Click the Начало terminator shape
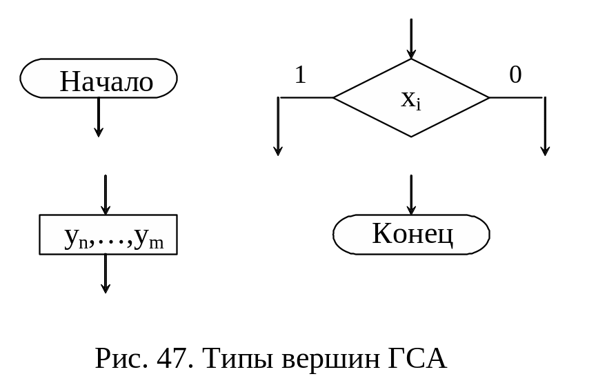tap(99, 79)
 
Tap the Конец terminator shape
tap(411, 235)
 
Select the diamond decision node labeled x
tap(411, 98)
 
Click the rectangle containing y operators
tap(108, 235)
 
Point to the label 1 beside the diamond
tap(300, 75)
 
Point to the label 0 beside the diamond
tap(515, 75)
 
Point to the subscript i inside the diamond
tap(418, 106)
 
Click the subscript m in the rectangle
tap(157, 244)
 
